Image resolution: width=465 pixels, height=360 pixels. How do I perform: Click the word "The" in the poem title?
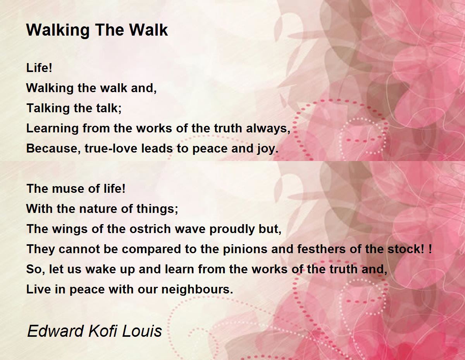(x=109, y=30)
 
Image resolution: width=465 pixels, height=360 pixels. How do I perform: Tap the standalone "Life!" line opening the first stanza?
(x=39, y=68)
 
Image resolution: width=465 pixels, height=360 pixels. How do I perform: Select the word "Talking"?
(x=48, y=108)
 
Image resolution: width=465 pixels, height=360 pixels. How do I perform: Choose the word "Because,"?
(x=53, y=148)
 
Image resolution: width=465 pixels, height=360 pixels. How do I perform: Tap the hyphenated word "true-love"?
(x=111, y=148)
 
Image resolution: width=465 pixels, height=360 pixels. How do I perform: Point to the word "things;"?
(x=157, y=209)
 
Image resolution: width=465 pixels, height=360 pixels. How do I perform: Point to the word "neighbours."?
(x=197, y=290)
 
